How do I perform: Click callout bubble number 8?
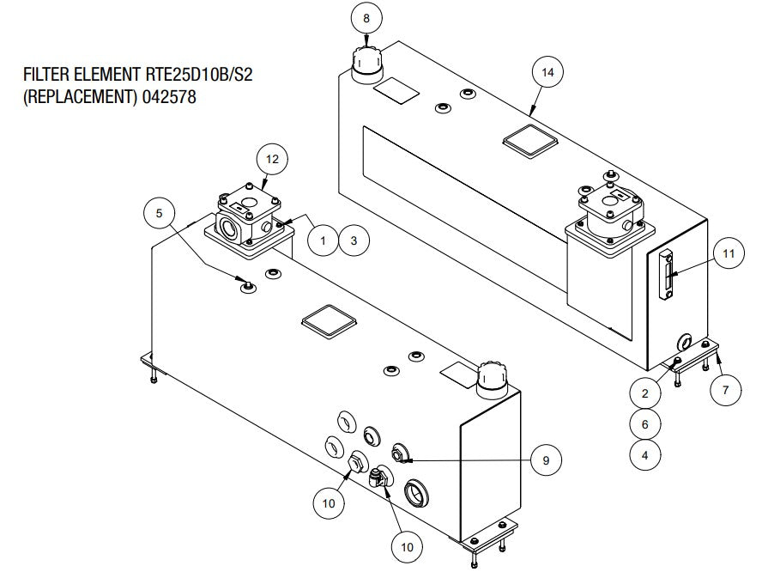367,18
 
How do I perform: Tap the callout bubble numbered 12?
272,159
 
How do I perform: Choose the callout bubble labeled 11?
729,253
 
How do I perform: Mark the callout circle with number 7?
726,390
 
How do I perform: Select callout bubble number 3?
354,241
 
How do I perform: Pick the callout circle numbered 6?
645,423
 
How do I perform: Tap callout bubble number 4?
645,455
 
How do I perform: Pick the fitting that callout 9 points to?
399,453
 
